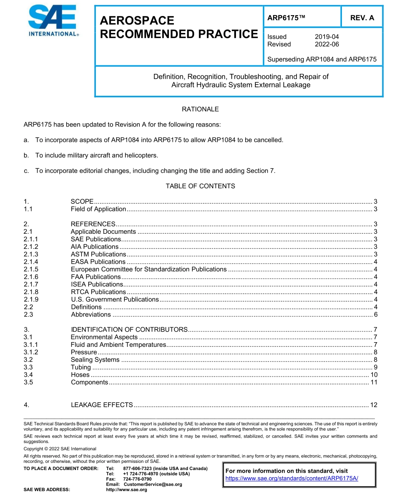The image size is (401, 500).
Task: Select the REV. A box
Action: pos(362,18)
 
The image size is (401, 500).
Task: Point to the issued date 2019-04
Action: pos(327,37)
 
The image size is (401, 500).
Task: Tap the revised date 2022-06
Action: pos(327,44)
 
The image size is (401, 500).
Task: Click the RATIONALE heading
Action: pos(200,109)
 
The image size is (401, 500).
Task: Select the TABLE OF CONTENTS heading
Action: pos(200,186)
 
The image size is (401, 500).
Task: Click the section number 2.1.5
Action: pos(31,269)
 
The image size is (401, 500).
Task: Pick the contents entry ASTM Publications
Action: pos(98,254)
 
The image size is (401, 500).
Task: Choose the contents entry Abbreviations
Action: pos(91,314)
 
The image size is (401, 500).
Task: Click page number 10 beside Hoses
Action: pos(374,375)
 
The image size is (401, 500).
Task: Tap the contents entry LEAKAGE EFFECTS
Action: pos(102,405)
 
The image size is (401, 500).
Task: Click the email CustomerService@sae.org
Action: pos(152,484)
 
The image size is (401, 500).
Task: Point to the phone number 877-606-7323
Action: pos(138,468)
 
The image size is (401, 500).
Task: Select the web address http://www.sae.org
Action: pos(126,489)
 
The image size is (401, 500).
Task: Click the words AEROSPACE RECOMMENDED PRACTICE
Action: pos(179,27)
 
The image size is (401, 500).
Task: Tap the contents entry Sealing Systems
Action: pos(95,359)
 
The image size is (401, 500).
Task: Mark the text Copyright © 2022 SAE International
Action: pos(60,449)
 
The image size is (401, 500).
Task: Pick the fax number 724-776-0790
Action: pos(137,479)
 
